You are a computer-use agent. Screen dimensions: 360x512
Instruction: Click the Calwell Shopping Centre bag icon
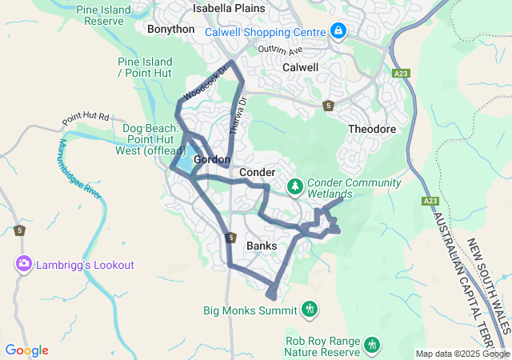pos(338,31)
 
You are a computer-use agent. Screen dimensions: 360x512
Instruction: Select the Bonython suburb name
pos(170,29)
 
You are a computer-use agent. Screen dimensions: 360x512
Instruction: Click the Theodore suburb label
pos(372,129)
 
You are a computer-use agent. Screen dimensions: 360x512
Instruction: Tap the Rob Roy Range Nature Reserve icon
pos(371,345)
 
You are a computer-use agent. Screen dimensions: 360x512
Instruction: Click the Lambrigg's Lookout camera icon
pos(23,264)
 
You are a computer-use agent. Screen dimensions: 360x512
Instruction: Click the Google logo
pos(26,350)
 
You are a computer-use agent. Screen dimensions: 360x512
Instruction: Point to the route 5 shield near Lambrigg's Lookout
pos(19,230)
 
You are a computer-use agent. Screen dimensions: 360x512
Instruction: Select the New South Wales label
pos(489,280)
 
